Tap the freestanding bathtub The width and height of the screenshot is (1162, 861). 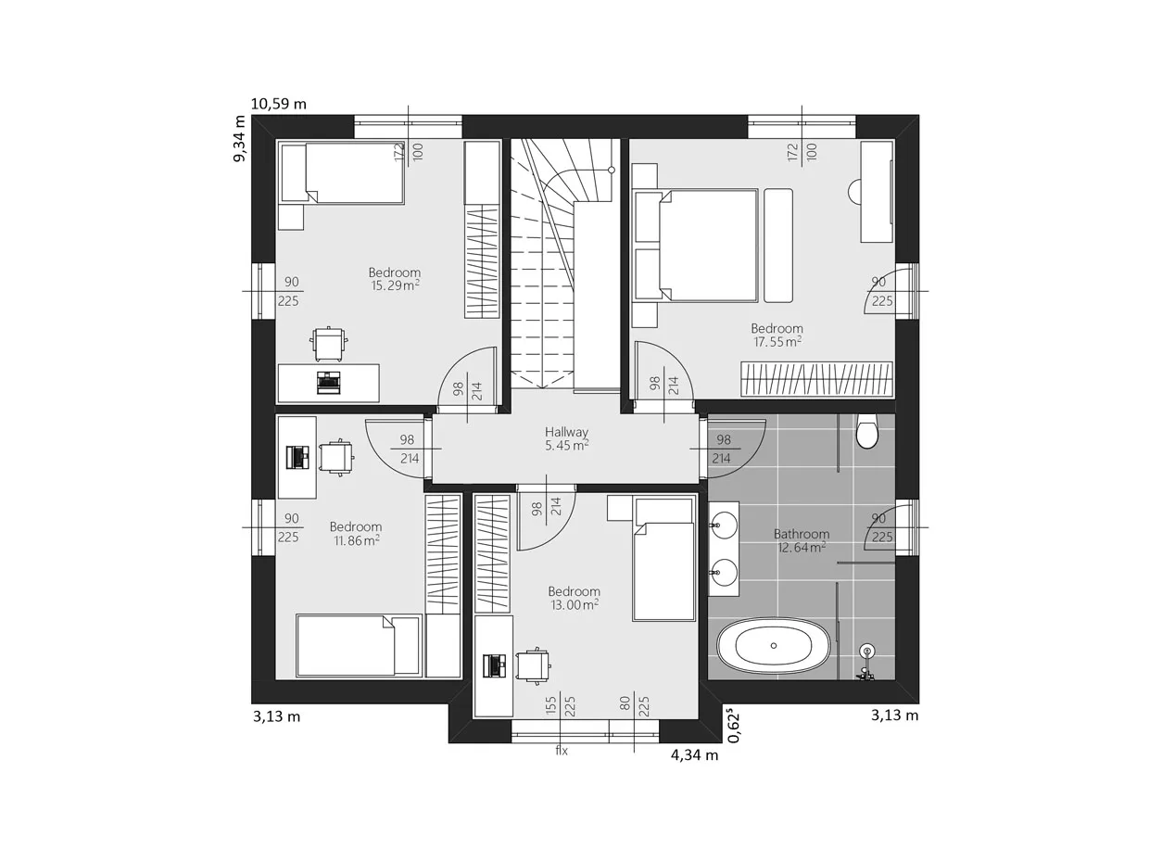coord(773,646)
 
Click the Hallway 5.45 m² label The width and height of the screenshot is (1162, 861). coord(566,439)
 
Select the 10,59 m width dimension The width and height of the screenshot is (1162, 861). coord(278,104)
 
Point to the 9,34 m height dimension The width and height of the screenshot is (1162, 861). coord(239,139)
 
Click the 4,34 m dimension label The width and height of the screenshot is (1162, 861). coord(694,755)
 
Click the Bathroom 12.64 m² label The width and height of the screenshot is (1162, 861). coord(801,541)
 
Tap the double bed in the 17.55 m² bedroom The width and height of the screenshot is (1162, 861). coord(696,246)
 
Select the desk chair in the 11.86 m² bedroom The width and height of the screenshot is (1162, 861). coord(336,458)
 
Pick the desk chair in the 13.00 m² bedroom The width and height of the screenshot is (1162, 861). coord(534,666)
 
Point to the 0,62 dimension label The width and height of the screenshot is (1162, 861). coord(734,726)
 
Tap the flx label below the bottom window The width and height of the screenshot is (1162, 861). coord(562,751)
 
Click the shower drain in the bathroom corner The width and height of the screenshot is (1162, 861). coord(867,652)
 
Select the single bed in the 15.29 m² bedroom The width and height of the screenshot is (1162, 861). coord(343,173)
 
